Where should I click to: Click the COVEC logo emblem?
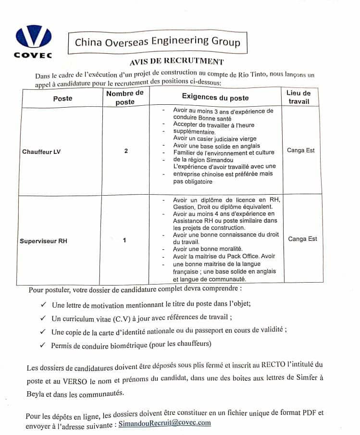[33, 37]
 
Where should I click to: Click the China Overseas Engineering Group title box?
[157, 42]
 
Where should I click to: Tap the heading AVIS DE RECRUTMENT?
[176, 62]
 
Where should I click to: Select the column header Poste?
[62, 98]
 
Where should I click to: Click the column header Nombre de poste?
[125, 98]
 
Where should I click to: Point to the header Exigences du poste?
[215, 98]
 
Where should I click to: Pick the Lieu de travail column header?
[298, 98]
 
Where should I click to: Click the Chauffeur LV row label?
[42, 152]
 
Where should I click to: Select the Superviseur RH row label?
[43, 241]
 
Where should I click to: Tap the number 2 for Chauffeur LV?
[126, 151]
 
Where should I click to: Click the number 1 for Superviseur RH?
[124, 241]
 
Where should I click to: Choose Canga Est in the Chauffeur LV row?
[301, 150]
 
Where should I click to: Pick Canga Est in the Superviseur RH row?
[302, 238]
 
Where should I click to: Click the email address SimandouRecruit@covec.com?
[164, 423]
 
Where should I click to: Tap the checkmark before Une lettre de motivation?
[44, 304]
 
